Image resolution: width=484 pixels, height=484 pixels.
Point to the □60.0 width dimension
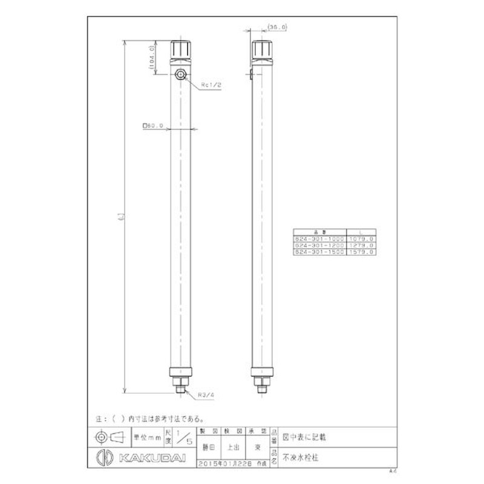coord(154,126)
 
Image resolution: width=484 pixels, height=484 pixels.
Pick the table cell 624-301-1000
coord(319,240)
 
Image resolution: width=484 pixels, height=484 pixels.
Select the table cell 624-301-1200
coord(319,246)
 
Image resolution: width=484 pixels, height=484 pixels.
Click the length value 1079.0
coord(361,240)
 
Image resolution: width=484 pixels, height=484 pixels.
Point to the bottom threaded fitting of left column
coord(181,384)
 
